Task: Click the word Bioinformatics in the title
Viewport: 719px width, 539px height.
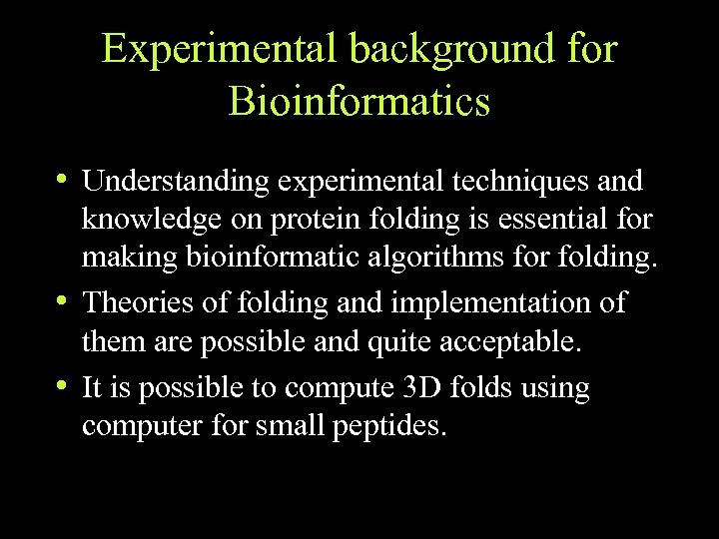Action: pos(359,101)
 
